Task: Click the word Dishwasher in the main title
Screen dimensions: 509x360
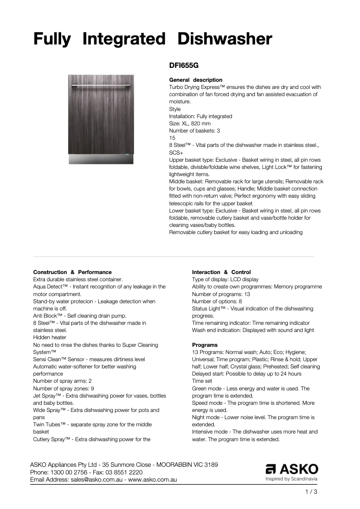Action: click(x=224, y=39)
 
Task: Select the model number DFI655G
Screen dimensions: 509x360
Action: click(x=184, y=65)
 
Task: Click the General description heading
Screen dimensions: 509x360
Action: click(x=195, y=80)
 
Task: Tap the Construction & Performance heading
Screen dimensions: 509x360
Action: click(x=72, y=272)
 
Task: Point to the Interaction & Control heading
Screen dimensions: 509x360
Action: click(x=221, y=272)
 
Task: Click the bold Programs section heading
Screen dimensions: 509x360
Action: click(x=205, y=345)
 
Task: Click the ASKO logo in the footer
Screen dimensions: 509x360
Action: click(x=292, y=470)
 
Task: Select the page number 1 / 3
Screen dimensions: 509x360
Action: click(x=311, y=492)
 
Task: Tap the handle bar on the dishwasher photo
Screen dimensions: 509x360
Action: click(x=101, y=84)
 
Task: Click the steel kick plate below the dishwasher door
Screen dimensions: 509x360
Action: click(x=101, y=159)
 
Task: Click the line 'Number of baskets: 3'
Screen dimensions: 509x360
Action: click(x=194, y=131)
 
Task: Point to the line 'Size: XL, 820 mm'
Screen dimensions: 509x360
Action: click(x=190, y=124)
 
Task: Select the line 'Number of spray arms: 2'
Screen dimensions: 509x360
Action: click(x=62, y=381)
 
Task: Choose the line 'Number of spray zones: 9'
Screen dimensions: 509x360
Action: click(x=63, y=388)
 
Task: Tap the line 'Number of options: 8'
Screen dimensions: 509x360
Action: click(x=217, y=301)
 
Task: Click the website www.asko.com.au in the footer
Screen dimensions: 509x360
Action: click(x=153, y=479)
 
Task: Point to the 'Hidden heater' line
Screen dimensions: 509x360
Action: click(x=50, y=337)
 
